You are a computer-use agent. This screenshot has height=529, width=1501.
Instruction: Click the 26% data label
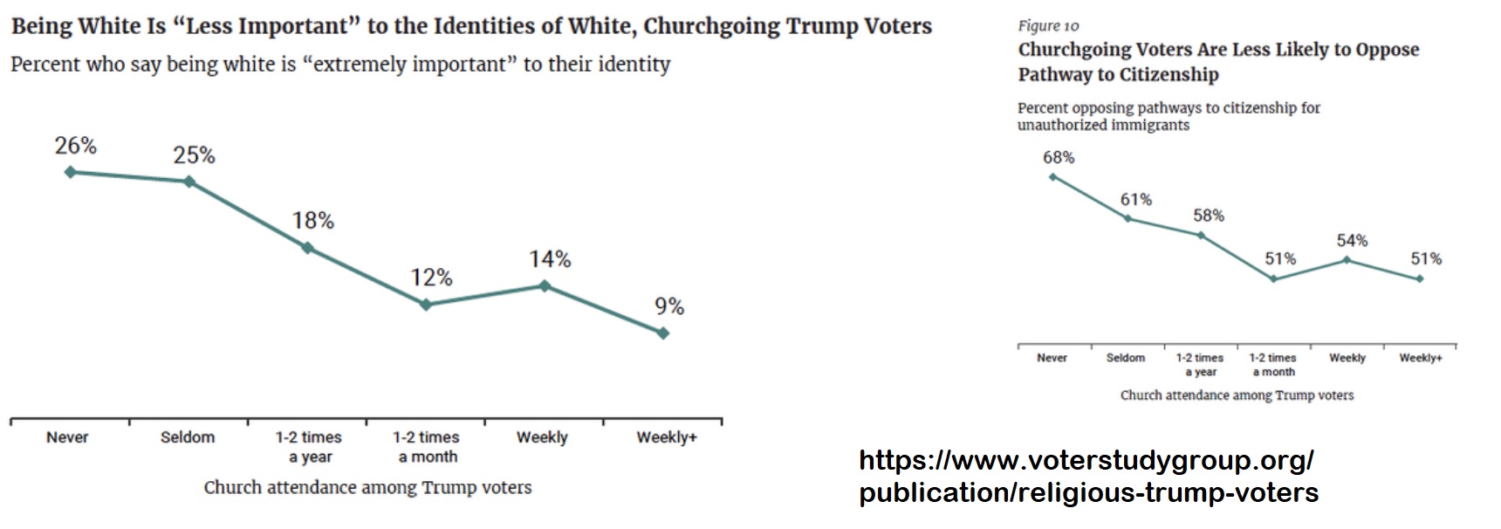click(76, 146)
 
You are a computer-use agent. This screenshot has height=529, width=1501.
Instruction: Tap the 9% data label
click(669, 306)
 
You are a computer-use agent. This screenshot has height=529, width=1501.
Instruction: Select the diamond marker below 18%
click(307, 248)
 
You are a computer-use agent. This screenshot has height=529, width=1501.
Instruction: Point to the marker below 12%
click(426, 305)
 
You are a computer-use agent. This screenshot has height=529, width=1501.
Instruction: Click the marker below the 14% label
click(545, 285)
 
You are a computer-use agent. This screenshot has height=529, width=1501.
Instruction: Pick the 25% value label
click(194, 155)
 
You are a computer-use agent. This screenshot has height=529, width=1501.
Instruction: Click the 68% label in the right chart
click(1059, 158)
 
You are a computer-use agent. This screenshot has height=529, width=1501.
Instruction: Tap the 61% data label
click(1136, 200)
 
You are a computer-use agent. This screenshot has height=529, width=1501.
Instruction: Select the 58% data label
click(1209, 216)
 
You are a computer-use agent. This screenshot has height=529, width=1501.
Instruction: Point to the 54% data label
click(1352, 241)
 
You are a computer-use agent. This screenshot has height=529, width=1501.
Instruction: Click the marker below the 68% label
click(1052, 177)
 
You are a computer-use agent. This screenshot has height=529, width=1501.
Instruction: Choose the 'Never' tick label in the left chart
click(67, 437)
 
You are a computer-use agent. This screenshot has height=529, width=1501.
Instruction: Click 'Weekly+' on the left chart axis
click(667, 437)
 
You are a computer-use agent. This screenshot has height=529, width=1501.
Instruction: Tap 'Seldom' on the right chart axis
click(1126, 358)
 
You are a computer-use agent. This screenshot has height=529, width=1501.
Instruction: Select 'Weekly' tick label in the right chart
click(1347, 358)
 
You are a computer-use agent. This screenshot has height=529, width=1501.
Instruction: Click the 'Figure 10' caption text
click(1048, 26)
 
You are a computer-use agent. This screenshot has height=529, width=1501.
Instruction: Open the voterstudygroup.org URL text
click(1088, 476)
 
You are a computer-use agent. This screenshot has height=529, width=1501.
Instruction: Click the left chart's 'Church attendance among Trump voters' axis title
click(367, 487)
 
